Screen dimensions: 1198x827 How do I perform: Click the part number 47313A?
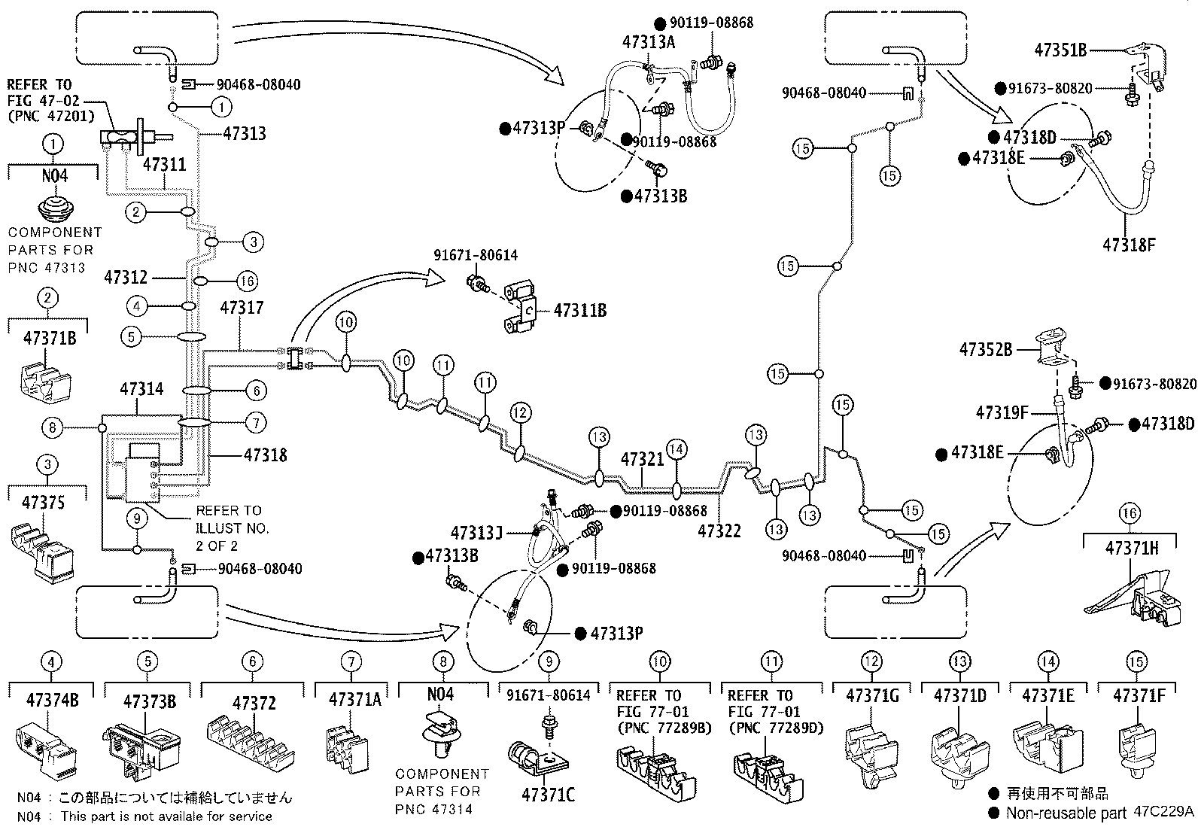click(x=648, y=42)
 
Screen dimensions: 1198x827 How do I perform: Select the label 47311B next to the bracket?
click(x=579, y=310)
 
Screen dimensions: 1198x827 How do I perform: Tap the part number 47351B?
click(x=1060, y=50)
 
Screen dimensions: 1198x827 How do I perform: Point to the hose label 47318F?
click(x=1129, y=245)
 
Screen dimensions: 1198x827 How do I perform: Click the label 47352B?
click(x=986, y=350)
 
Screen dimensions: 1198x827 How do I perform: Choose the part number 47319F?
click(x=1002, y=412)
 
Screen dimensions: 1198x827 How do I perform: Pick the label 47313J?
click(x=476, y=533)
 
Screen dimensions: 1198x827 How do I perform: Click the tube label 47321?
click(x=642, y=459)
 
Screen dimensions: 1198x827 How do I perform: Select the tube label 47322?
click(x=719, y=531)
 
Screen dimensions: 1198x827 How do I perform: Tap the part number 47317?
click(x=242, y=308)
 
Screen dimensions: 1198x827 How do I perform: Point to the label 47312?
click(x=126, y=277)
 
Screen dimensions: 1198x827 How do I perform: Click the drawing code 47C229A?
click(x=1163, y=811)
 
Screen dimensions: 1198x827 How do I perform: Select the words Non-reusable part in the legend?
click(x=1066, y=813)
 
